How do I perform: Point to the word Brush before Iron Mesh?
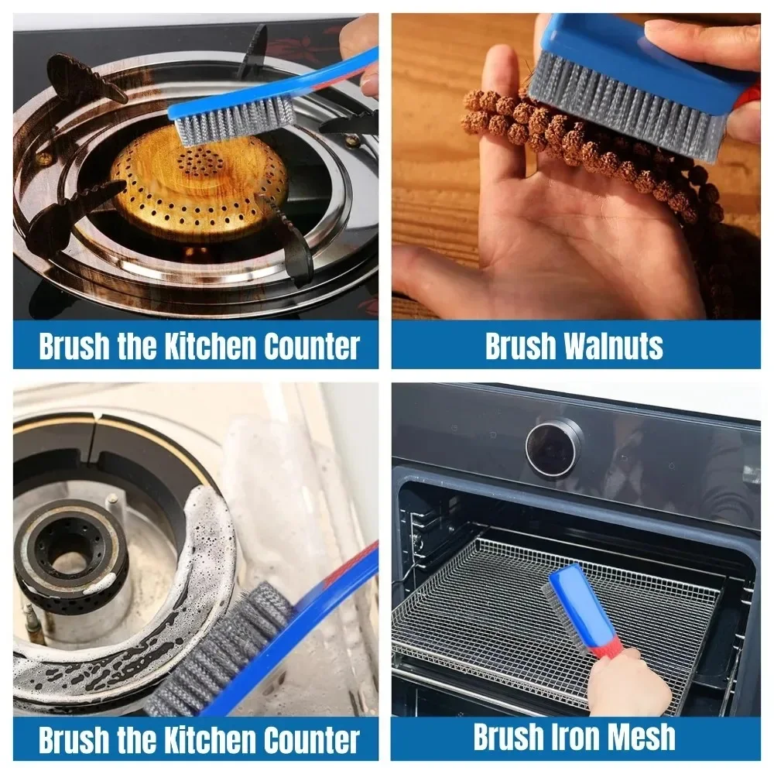point(507,737)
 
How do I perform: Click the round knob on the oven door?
point(554,447)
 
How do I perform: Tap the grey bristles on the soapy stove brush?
point(224,650)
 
